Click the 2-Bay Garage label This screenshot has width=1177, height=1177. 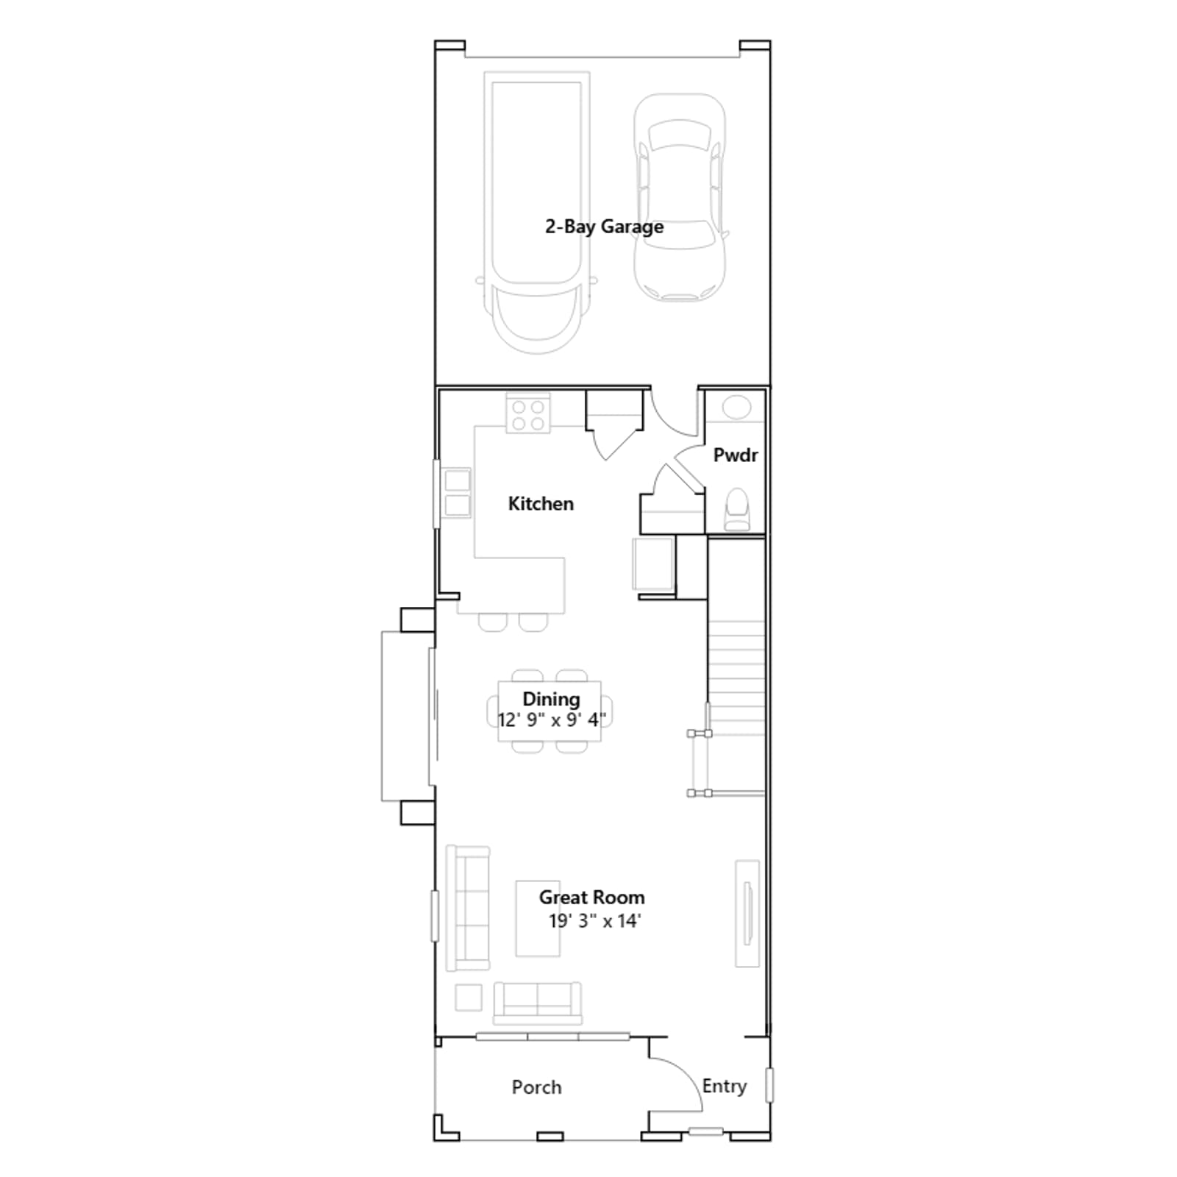pyautogui.click(x=604, y=227)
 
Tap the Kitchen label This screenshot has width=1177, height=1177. pyautogui.click(x=541, y=504)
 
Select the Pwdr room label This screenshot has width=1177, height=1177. pyautogui.click(x=736, y=455)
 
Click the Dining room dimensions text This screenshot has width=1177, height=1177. pyautogui.click(x=552, y=719)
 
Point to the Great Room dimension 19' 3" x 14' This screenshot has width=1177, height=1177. pyautogui.click(x=595, y=921)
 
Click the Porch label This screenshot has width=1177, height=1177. pyautogui.click(x=536, y=1087)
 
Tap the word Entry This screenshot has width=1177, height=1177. pyautogui.click(x=725, y=1087)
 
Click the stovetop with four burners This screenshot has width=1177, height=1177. pyautogui.click(x=528, y=414)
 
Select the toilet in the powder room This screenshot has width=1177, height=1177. pyautogui.click(x=736, y=509)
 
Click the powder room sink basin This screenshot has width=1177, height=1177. pyautogui.click(x=736, y=408)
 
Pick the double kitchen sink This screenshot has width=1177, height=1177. pyautogui.click(x=457, y=493)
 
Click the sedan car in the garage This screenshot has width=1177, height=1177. pyautogui.click(x=680, y=197)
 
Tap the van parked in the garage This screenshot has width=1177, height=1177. pyautogui.click(x=536, y=212)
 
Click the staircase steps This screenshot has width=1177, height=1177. pyautogui.click(x=736, y=677)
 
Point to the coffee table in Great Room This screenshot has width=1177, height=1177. pyautogui.click(x=538, y=919)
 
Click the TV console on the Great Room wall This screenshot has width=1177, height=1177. pyautogui.click(x=747, y=913)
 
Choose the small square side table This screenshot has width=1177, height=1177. pyautogui.click(x=469, y=998)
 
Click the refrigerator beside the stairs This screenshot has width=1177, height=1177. pyautogui.click(x=653, y=564)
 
